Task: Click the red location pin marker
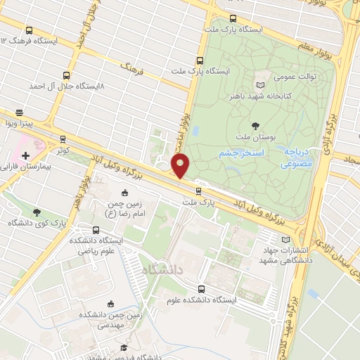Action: (181, 166)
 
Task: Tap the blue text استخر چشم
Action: (239, 153)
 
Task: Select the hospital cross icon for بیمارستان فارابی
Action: (25, 155)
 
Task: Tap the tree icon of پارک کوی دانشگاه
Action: (37, 212)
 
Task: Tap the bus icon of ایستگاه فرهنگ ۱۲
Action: (29, 30)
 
